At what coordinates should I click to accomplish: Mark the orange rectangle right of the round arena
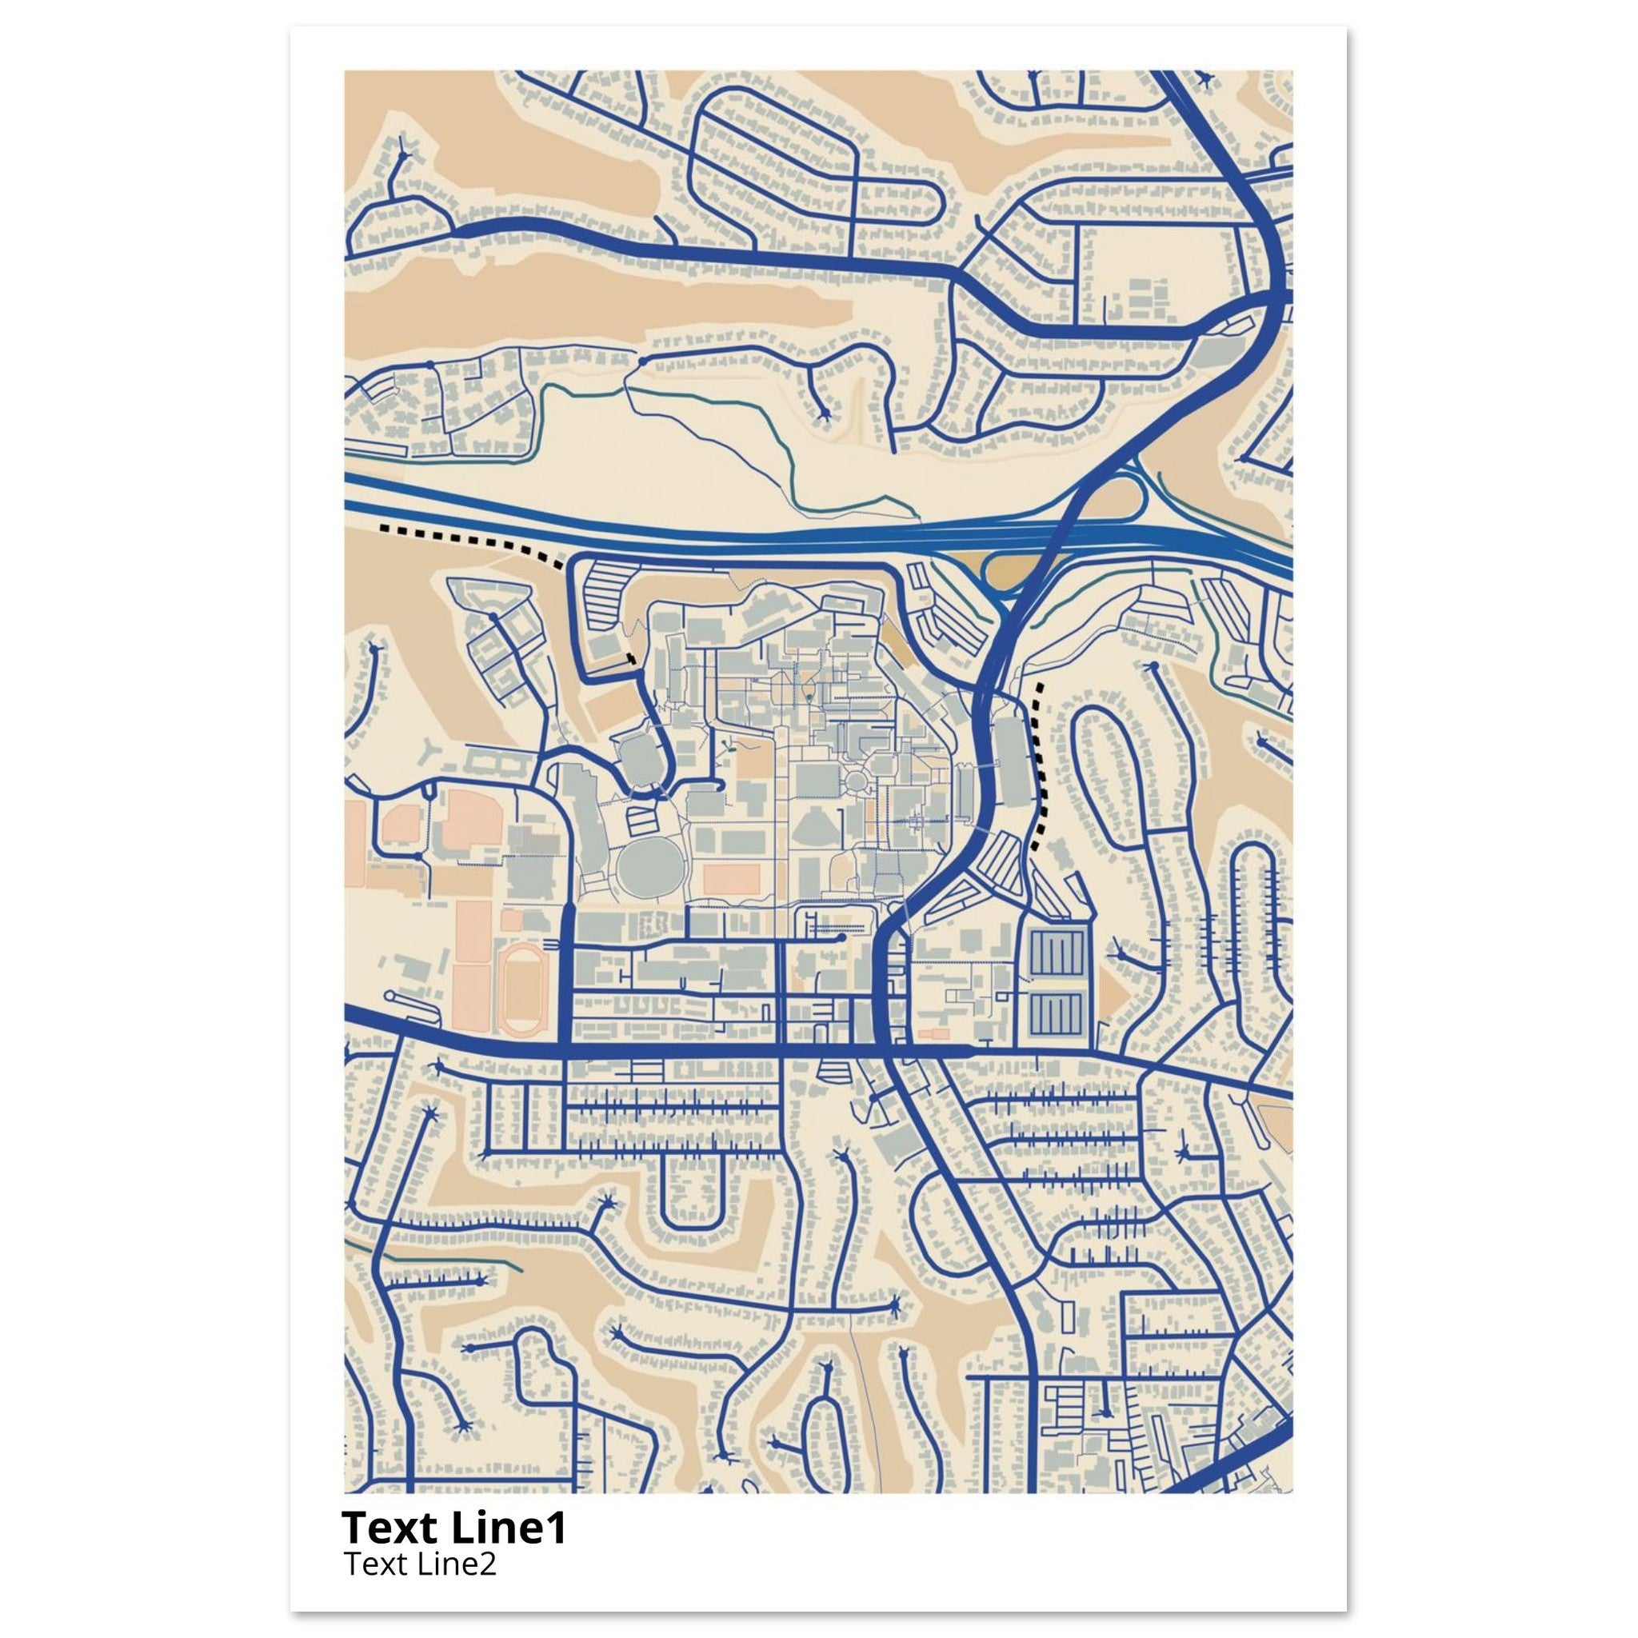tap(732, 878)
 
